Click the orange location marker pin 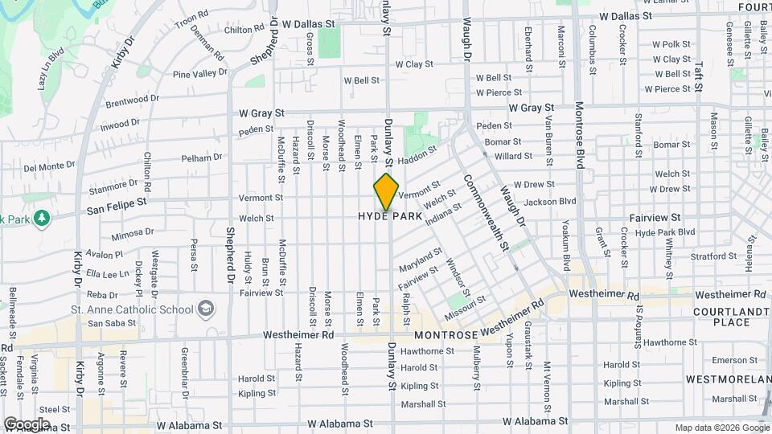(x=387, y=191)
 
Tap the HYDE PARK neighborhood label (x=390, y=217)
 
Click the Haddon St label (x=420, y=154)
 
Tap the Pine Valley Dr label (x=200, y=74)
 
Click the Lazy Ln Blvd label (x=51, y=68)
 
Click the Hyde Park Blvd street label (x=664, y=232)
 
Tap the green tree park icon (x=39, y=218)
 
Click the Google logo (x=27, y=424)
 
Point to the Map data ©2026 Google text (x=721, y=428)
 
